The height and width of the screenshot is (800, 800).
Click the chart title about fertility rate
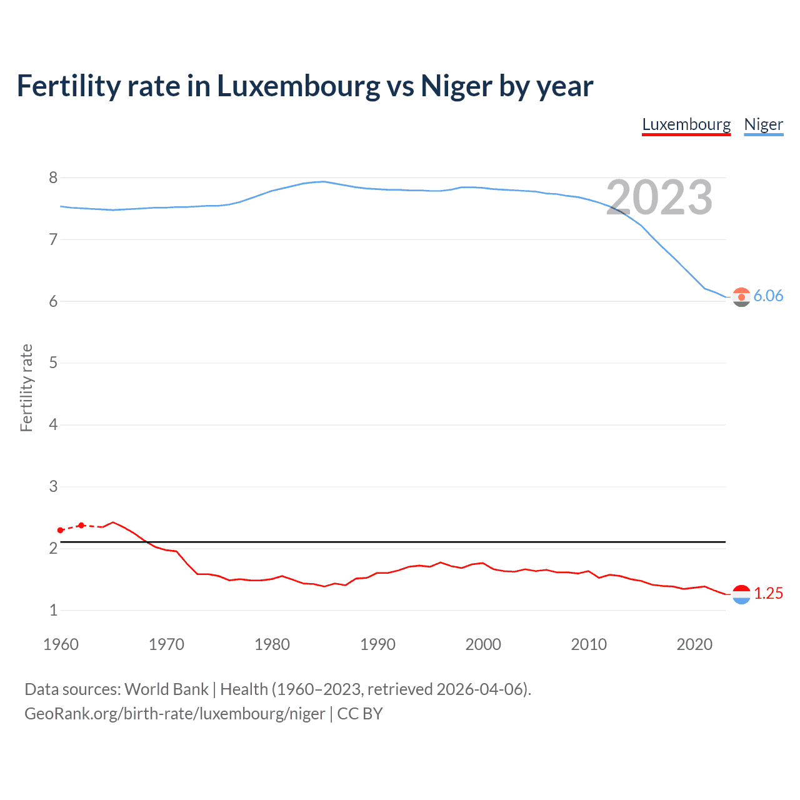pos(304,86)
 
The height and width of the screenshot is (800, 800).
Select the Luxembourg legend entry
pos(686,124)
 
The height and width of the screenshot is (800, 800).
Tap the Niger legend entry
pos(763,124)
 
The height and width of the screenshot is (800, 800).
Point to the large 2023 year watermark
pos(659,197)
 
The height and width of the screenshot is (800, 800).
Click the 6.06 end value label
pos(768,296)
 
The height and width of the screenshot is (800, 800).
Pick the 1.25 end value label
pos(768,593)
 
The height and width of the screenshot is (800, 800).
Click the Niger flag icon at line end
pos(741,297)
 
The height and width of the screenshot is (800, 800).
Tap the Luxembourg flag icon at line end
pos(741,594)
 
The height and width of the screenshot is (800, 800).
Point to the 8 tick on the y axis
pos(53,178)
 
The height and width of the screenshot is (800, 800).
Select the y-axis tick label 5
pos(53,363)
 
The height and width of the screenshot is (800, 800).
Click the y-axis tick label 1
pos(53,611)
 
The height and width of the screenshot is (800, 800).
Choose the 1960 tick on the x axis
pos(61,644)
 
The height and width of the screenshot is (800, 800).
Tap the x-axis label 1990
pos(377,644)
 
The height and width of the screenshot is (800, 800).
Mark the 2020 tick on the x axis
pos(694,644)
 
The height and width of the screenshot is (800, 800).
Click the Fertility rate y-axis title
pos(26,387)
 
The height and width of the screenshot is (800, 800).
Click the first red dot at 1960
pos(61,530)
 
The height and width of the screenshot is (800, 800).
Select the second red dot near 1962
pos(81,525)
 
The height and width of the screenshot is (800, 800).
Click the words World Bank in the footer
pos(166,689)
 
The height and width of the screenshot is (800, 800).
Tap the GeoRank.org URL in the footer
pos(174,714)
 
